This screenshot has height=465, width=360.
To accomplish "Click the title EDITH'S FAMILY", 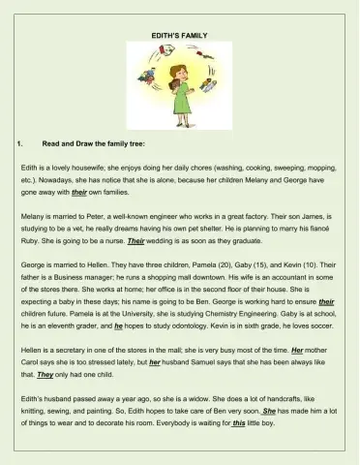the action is click(179, 35).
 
